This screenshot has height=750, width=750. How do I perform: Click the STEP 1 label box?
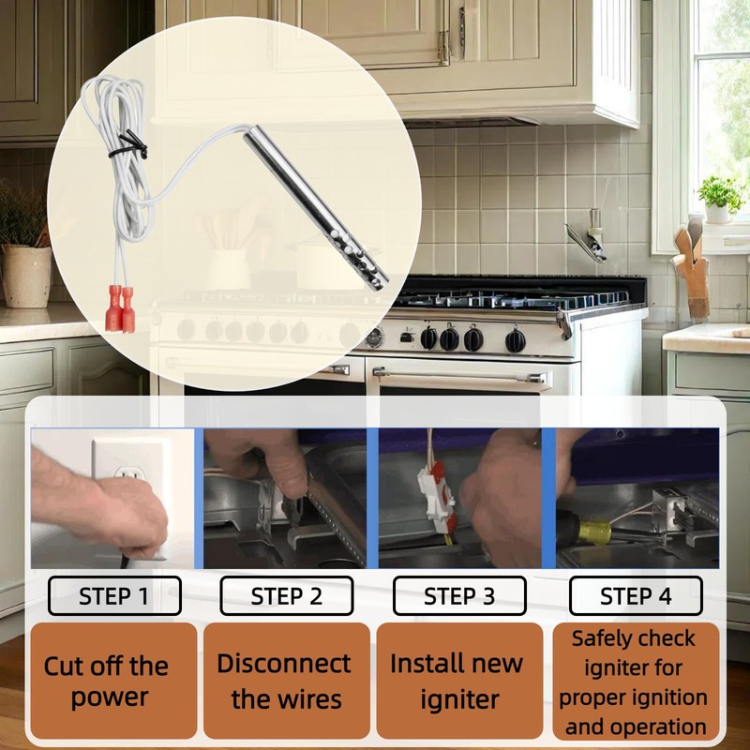coord(114,595)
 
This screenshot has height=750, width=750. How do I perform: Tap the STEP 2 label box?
coord(287,595)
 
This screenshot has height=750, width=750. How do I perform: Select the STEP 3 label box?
coord(459,595)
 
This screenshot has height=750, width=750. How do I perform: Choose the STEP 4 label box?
coord(636,595)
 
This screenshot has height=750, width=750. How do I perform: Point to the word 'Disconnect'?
coord(284,663)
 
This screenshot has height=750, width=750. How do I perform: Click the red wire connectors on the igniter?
coord(120,307)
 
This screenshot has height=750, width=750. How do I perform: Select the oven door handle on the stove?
coord(459,374)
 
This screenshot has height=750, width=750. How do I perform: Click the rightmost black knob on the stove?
coord(515,340)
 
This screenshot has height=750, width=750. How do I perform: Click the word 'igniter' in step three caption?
coord(459,699)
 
